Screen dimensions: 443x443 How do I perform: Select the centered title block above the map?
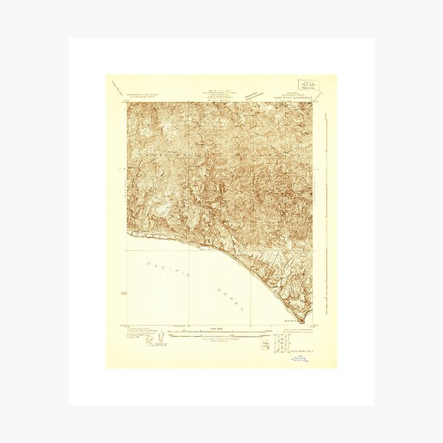[x=215, y=94]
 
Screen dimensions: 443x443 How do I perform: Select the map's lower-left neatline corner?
[x=128, y=325]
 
